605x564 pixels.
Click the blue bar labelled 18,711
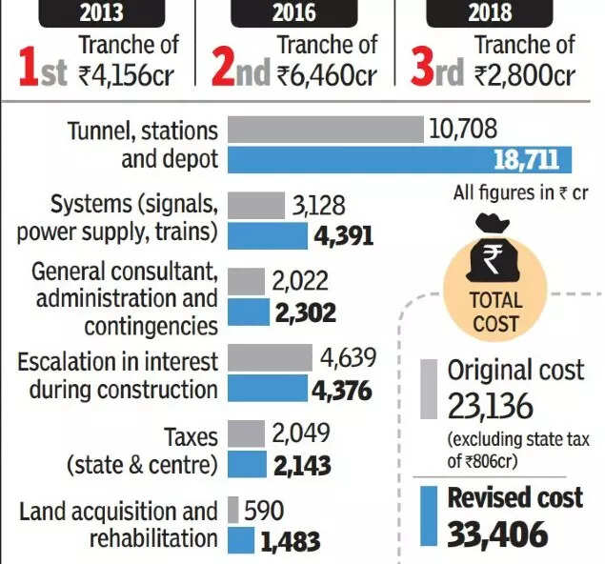point(400,159)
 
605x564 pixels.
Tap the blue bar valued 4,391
point(268,235)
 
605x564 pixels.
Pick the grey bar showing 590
point(233,512)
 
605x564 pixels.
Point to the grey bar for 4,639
point(271,358)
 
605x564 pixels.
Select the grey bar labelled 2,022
point(247,281)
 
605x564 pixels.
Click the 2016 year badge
point(293,13)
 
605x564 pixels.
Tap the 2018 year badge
point(491,13)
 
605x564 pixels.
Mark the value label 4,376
point(341,391)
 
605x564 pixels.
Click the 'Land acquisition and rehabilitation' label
point(118,525)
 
